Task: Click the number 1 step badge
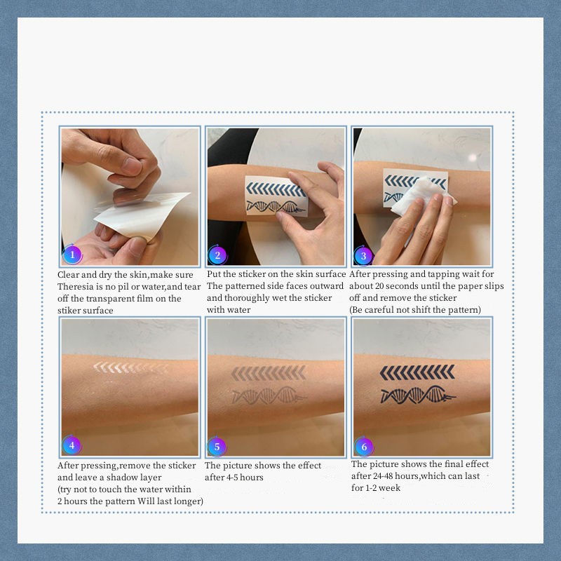(72, 255)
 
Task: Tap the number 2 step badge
(217, 255)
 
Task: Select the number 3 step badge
(363, 255)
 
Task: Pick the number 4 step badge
(72, 445)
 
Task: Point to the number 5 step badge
(217, 447)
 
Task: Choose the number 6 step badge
(364, 447)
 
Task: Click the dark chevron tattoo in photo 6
(417, 372)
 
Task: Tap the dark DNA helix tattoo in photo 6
(418, 395)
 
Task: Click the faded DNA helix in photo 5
(269, 396)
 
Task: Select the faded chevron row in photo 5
(269, 373)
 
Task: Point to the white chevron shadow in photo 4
(130, 367)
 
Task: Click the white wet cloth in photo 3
(422, 195)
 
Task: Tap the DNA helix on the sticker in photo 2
(276, 207)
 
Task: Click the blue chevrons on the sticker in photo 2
(276, 189)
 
